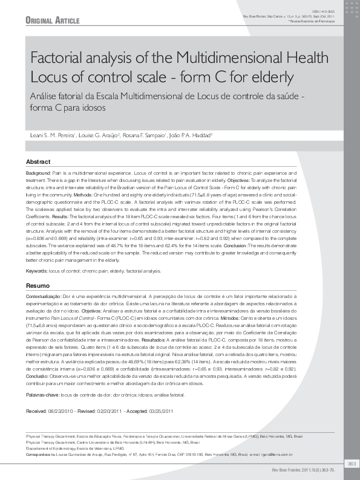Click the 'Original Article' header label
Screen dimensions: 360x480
(53, 21)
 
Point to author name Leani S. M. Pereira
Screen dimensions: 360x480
(51, 134)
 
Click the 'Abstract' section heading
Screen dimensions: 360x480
(38, 162)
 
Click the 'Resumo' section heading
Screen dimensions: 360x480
(38, 285)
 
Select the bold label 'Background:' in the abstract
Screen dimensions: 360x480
(39, 173)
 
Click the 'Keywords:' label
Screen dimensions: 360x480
(38, 271)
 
